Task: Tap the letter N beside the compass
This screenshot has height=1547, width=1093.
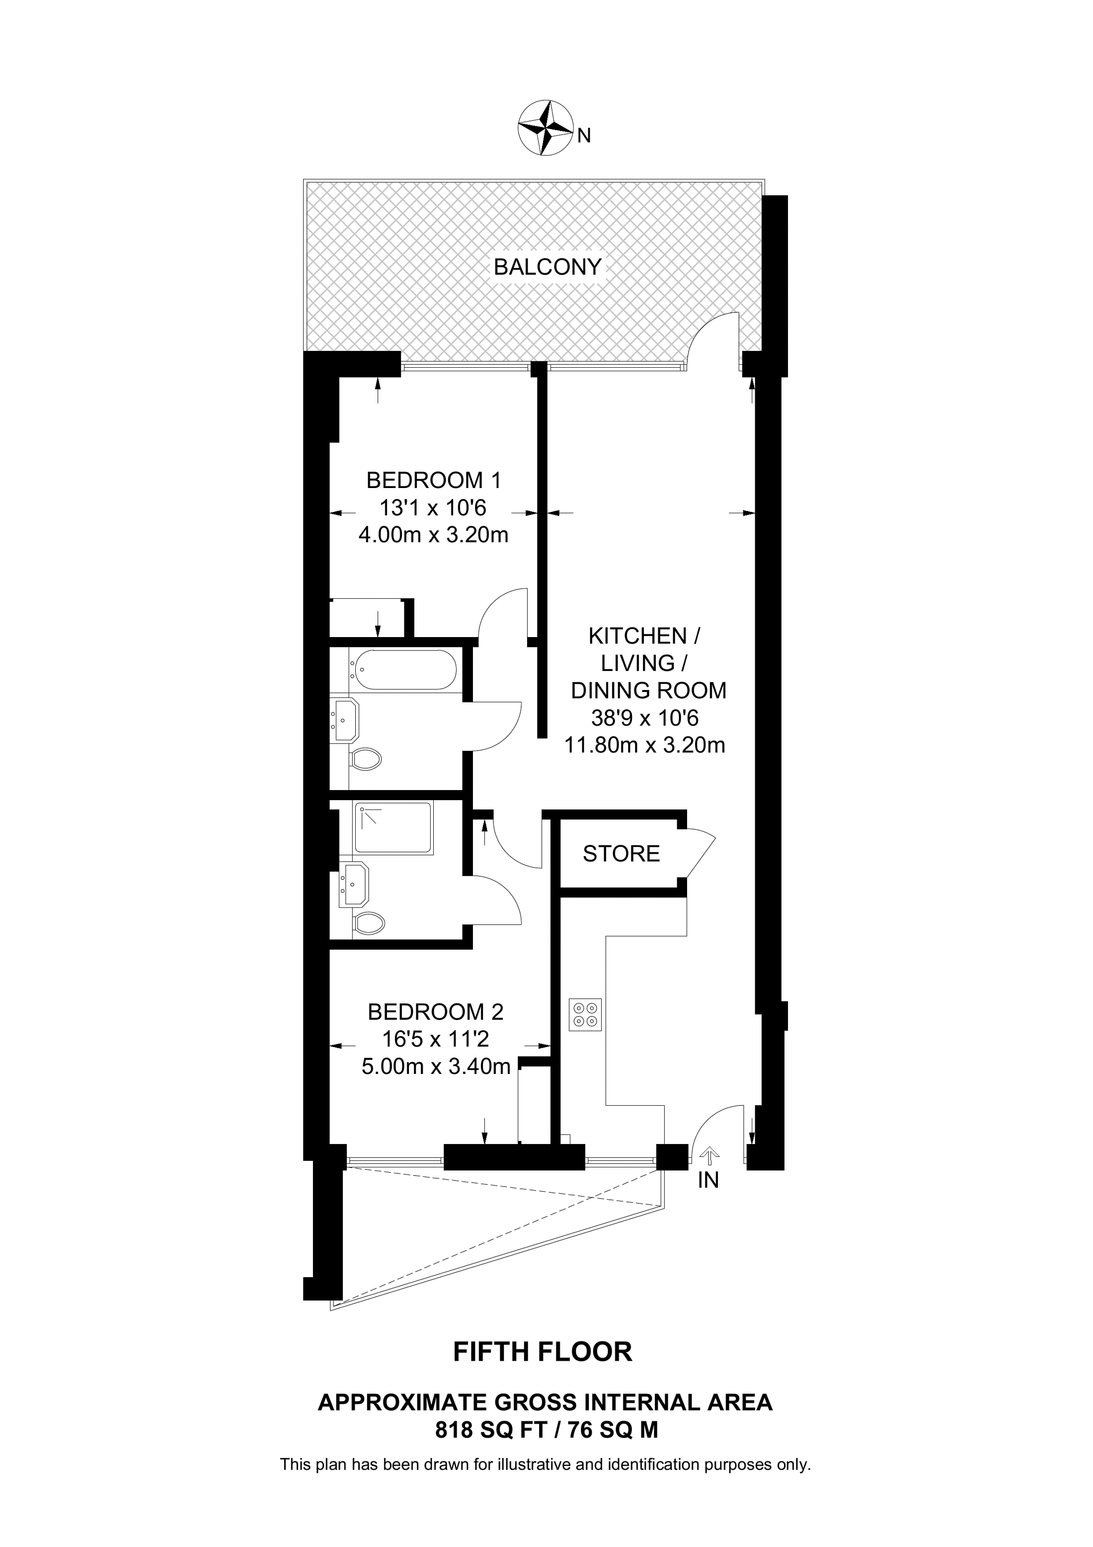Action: click(x=584, y=137)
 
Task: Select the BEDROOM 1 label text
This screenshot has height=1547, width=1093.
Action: click(x=434, y=481)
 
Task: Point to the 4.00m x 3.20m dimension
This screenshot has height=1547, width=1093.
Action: click(x=433, y=535)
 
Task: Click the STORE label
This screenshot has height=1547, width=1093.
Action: click(x=621, y=854)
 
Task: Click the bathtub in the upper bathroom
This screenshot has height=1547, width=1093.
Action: click(x=403, y=670)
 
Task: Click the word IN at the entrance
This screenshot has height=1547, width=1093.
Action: click(x=708, y=1180)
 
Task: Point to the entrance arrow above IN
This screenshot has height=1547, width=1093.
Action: click(x=708, y=1157)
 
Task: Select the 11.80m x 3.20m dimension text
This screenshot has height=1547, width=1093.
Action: click(x=644, y=745)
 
